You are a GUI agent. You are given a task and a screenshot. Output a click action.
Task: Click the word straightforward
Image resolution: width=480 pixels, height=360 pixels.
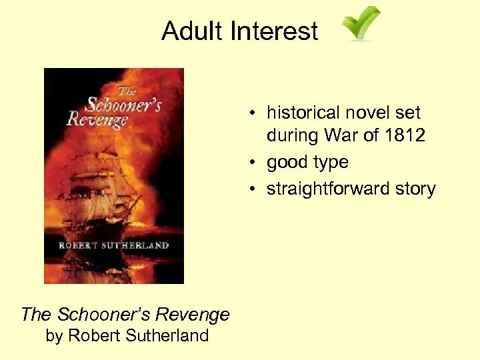(324, 189)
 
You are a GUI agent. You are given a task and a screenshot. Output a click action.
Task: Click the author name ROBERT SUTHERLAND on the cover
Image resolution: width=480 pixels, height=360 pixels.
(114, 245)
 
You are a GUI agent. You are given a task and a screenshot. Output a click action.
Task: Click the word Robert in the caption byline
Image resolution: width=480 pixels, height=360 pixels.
(93, 335)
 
